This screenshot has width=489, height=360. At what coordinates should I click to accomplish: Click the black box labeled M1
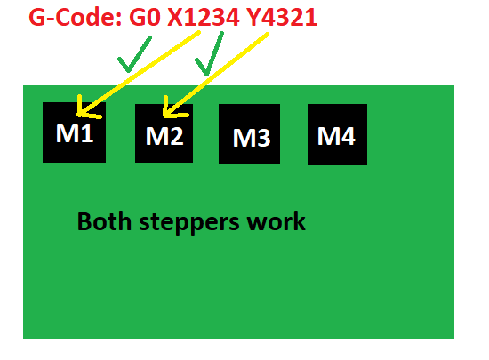74,132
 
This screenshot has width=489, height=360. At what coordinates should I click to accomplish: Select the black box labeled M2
164,133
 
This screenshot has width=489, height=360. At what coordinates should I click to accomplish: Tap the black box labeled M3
249,133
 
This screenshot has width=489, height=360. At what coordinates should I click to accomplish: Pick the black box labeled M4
337,134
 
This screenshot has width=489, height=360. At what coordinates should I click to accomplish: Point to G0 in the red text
145,17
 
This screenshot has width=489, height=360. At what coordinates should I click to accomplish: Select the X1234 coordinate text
204,17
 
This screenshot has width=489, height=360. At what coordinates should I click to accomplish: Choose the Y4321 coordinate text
282,17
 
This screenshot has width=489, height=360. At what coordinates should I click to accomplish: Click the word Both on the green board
104,221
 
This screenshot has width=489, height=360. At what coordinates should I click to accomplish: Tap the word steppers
189,223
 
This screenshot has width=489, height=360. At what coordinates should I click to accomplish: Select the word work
276,221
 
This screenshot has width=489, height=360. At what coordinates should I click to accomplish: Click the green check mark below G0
135,54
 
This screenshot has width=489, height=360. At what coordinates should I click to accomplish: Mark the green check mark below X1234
210,54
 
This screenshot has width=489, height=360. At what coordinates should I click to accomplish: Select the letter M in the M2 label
154,136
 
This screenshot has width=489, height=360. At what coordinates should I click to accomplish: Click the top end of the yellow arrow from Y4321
268,34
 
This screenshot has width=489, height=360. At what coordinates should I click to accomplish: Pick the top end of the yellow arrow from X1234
199,32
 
